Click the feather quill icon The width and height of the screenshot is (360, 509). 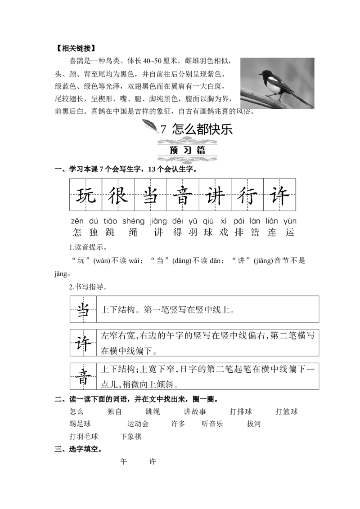pos(151,126)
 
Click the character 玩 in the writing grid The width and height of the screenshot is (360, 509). pos(85,195)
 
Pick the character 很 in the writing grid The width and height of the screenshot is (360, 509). pos(118,195)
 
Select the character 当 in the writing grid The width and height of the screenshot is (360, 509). pos(150,195)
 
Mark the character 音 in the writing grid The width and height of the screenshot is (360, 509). pos(183,195)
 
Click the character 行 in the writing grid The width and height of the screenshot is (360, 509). pos(247,195)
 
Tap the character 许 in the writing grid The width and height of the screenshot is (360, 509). pos(280,195)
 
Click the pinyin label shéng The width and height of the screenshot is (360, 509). pos(133,221)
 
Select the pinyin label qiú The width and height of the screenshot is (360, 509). pos(208,221)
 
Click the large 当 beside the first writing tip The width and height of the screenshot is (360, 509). pos(83,309)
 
